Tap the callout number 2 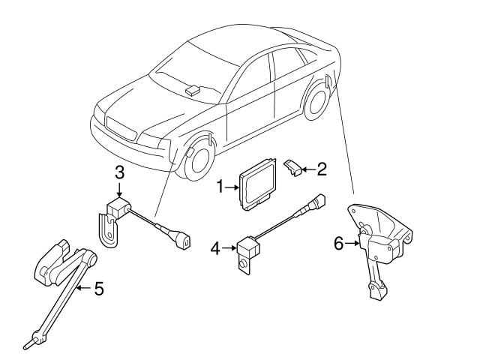pyautogui.click(x=322, y=169)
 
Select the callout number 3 pyautogui.click(x=119, y=173)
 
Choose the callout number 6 pyautogui.click(x=338, y=242)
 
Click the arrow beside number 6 pyautogui.click(x=352, y=242)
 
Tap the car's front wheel pyautogui.click(x=193, y=156)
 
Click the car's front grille pyautogui.click(x=121, y=130)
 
